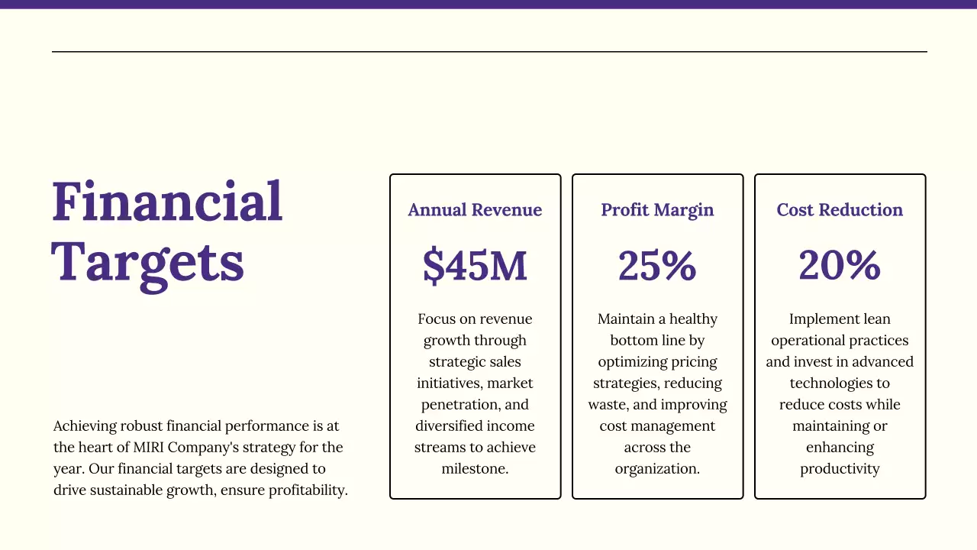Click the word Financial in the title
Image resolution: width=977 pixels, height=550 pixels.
[x=167, y=202]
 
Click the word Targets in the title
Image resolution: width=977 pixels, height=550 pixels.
[x=148, y=261]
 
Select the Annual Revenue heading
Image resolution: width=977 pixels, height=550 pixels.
[x=475, y=210]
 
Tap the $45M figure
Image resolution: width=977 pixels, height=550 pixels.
[x=475, y=266]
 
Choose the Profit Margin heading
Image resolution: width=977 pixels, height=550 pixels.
[x=657, y=210]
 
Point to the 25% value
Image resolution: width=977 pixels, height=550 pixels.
[x=657, y=266]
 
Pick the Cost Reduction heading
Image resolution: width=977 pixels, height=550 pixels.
[x=840, y=210]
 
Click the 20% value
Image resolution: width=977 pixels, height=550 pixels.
[x=840, y=266]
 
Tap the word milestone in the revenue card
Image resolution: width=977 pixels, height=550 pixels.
[x=474, y=469]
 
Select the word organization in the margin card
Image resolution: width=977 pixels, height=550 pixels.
[x=656, y=469]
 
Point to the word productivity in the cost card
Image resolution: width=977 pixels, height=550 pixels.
[x=840, y=469]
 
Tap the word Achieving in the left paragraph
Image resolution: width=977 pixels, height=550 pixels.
[x=84, y=426]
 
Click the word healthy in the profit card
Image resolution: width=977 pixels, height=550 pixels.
[x=693, y=319]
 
